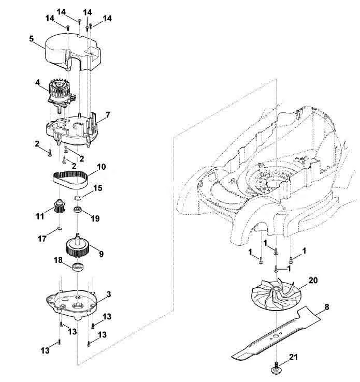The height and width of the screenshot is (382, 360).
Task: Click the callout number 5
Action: pos(31,39)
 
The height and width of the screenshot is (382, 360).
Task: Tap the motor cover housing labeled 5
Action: pos(73,53)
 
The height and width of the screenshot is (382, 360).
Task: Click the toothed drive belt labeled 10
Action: pos(70,180)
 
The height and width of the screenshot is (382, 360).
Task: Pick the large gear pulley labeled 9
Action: pos(78,246)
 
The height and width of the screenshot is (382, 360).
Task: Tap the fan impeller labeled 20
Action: pos(276,295)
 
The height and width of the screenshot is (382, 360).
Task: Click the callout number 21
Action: pos(293,357)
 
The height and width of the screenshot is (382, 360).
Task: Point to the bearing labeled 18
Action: pos(78,266)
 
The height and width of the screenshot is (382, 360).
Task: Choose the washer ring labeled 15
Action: pos(78,198)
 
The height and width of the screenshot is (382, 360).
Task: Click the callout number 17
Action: pos(42,239)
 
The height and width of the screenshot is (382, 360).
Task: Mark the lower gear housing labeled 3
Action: pos(72,304)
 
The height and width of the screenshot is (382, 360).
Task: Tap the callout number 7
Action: pos(107,115)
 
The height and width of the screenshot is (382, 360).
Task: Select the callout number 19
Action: pos(95,218)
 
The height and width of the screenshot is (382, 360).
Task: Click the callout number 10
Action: pos(102,167)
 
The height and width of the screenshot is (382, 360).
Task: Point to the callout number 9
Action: pos(101,254)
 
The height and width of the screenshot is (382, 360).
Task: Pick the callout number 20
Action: pos(313,280)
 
